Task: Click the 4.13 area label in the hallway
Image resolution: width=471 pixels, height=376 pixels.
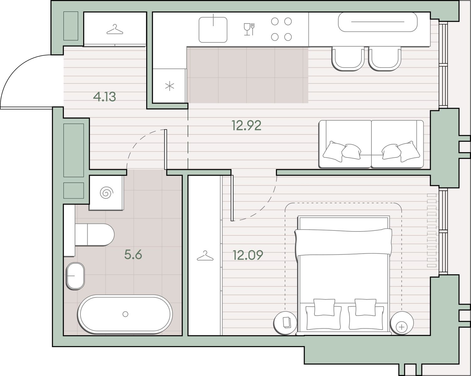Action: point(104,97)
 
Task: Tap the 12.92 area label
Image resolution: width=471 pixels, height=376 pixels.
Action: point(246,126)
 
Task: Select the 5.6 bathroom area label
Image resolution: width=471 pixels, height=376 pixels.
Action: point(133,254)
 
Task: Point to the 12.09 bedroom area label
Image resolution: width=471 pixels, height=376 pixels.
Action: point(248,255)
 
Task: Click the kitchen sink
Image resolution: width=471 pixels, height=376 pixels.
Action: point(213,30)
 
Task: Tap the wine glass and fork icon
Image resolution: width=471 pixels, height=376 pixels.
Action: point(249,29)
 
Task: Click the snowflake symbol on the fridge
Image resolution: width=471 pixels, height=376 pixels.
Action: point(170,86)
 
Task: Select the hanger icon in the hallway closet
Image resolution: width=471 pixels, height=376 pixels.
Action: point(115,29)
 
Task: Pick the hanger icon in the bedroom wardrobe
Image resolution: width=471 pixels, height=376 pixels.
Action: point(205,256)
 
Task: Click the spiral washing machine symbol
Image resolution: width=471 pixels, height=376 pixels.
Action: point(106,193)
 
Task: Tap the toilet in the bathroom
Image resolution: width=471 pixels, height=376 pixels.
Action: point(94,235)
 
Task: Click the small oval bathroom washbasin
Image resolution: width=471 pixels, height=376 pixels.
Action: point(75,276)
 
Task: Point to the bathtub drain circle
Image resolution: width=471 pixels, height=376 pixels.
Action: point(125,314)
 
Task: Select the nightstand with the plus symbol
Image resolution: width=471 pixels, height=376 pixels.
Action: point(402,323)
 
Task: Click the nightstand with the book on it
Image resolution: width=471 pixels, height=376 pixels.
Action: point(285,323)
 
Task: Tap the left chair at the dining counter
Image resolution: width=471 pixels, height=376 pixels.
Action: point(348,59)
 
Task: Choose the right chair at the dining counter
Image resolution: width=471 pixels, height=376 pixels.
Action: point(385,59)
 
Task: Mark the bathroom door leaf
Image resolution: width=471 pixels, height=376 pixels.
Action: point(166,150)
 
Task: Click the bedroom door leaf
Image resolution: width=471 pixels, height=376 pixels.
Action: point(232,198)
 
